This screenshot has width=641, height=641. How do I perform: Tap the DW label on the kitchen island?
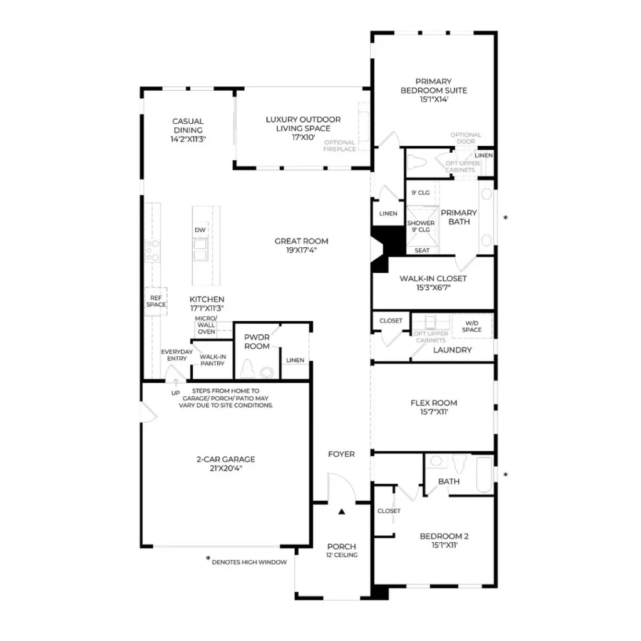200,230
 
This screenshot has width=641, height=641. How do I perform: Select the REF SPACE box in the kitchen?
156,301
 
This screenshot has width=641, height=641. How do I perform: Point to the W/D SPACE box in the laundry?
472,326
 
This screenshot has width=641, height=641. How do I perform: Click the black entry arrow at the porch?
342,511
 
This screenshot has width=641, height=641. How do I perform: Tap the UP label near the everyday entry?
175,393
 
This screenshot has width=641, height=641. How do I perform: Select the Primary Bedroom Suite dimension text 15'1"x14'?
434,100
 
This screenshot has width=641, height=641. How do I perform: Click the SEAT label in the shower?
422,250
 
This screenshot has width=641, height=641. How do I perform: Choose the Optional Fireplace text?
339,145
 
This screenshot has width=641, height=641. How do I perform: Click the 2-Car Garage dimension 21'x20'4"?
225,468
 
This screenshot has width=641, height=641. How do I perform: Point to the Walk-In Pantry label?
213,360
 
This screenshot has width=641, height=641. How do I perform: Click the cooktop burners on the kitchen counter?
153,250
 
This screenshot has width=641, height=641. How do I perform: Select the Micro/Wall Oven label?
206,325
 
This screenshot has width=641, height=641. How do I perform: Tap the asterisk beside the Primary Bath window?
506,218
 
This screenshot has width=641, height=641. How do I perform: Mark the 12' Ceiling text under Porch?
342,555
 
